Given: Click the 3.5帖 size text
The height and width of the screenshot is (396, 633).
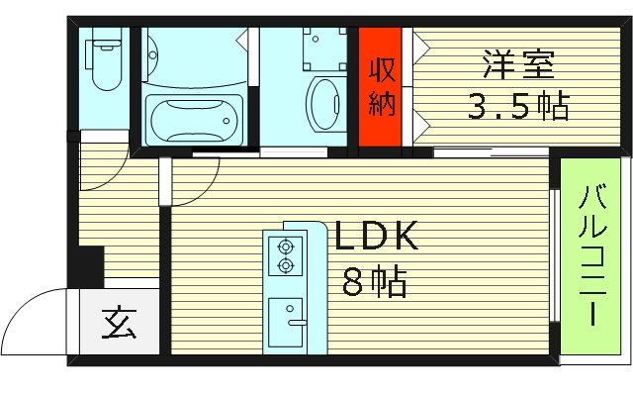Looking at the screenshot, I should coord(517,106).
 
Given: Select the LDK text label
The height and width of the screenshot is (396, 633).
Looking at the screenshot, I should coord(377,238).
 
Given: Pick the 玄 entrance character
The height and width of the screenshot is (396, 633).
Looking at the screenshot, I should coord(119,323).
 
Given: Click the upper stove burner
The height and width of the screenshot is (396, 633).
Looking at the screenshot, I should coord(288,247).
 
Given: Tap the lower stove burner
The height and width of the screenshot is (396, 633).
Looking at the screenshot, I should coord(288,264).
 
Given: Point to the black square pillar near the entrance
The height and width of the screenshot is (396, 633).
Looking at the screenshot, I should coord(89,265).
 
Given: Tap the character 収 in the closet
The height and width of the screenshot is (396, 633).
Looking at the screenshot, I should coord(381,70).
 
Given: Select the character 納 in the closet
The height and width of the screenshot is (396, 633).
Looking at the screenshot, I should coord(381,104).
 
